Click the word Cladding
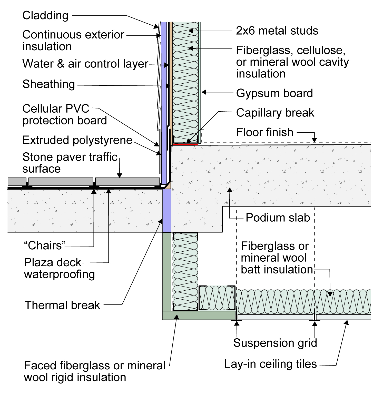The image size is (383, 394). click(x=45, y=16)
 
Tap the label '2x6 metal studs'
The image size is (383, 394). click(x=277, y=31)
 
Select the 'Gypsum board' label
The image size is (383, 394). click(x=274, y=93)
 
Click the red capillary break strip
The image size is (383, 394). click(x=185, y=144)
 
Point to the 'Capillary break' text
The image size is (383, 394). click(x=275, y=113)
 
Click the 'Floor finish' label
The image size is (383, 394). click(x=264, y=132)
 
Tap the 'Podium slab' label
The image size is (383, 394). click(x=278, y=218)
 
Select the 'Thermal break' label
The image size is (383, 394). click(x=62, y=305)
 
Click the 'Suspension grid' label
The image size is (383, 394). click(x=275, y=343)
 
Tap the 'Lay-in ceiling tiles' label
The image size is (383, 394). click(x=270, y=364)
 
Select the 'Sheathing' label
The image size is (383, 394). click(x=49, y=84)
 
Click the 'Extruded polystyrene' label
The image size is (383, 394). click(x=77, y=140)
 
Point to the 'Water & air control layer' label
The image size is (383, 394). click(x=85, y=64)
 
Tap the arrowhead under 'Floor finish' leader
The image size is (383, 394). click(x=314, y=140)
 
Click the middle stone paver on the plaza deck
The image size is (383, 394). click(x=61, y=182)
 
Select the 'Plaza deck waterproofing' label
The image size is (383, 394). click(x=60, y=268)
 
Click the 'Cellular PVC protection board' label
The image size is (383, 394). click(x=65, y=115)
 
